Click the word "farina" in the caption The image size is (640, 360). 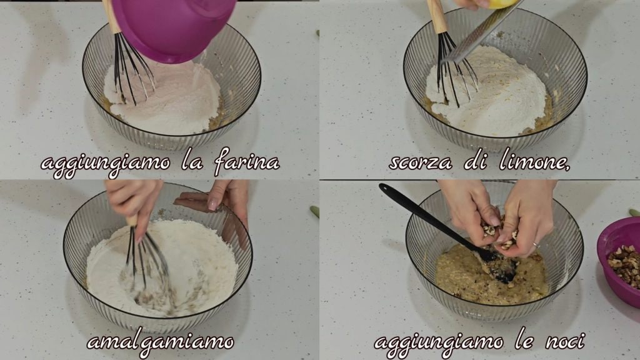point(247,161)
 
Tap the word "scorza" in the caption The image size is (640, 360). point(420,162)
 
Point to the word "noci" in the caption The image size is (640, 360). point(565,341)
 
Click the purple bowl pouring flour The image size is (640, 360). point(174,29)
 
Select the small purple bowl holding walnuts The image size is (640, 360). point(619,261)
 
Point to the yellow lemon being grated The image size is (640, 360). point(502,4)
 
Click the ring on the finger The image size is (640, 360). point(536,245)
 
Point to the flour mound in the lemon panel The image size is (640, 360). point(487,92)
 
